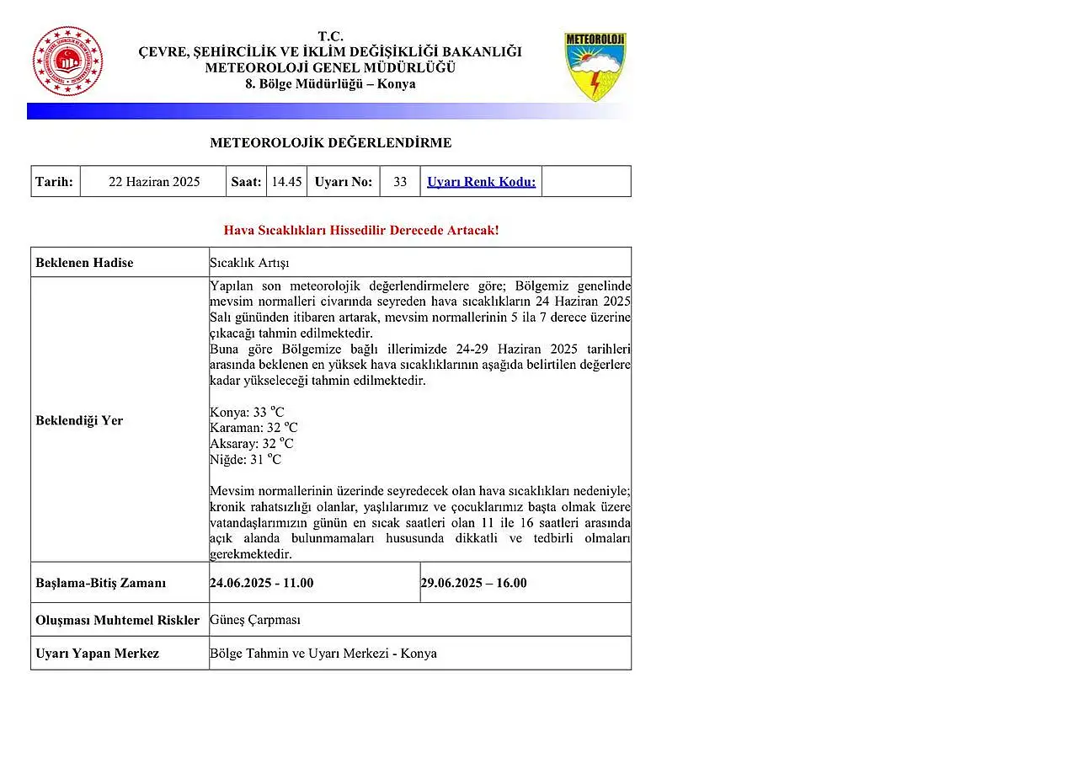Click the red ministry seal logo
click(67, 61)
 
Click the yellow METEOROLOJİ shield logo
click(595, 67)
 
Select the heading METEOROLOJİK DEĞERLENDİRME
click(330, 143)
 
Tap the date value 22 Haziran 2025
click(154, 182)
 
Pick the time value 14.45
click(286, 182)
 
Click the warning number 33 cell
click(400, 182)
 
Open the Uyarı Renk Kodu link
click(481, 182)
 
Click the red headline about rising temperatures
click(361, 230)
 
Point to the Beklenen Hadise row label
click(84, 263)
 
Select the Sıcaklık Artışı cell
click(249, 263)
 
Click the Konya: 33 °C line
click(247, 413)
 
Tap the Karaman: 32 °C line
click(253, 428)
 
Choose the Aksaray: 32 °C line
click(252, 444)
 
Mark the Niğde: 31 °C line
click(246, 460)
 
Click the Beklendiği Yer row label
click(79, 420)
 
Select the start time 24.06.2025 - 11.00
click(261, 583)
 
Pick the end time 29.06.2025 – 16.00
click(473, 583)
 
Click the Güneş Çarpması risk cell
click(255, 620)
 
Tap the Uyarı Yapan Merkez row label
click(97, 654)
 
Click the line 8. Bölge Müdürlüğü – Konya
click(330, 84)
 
